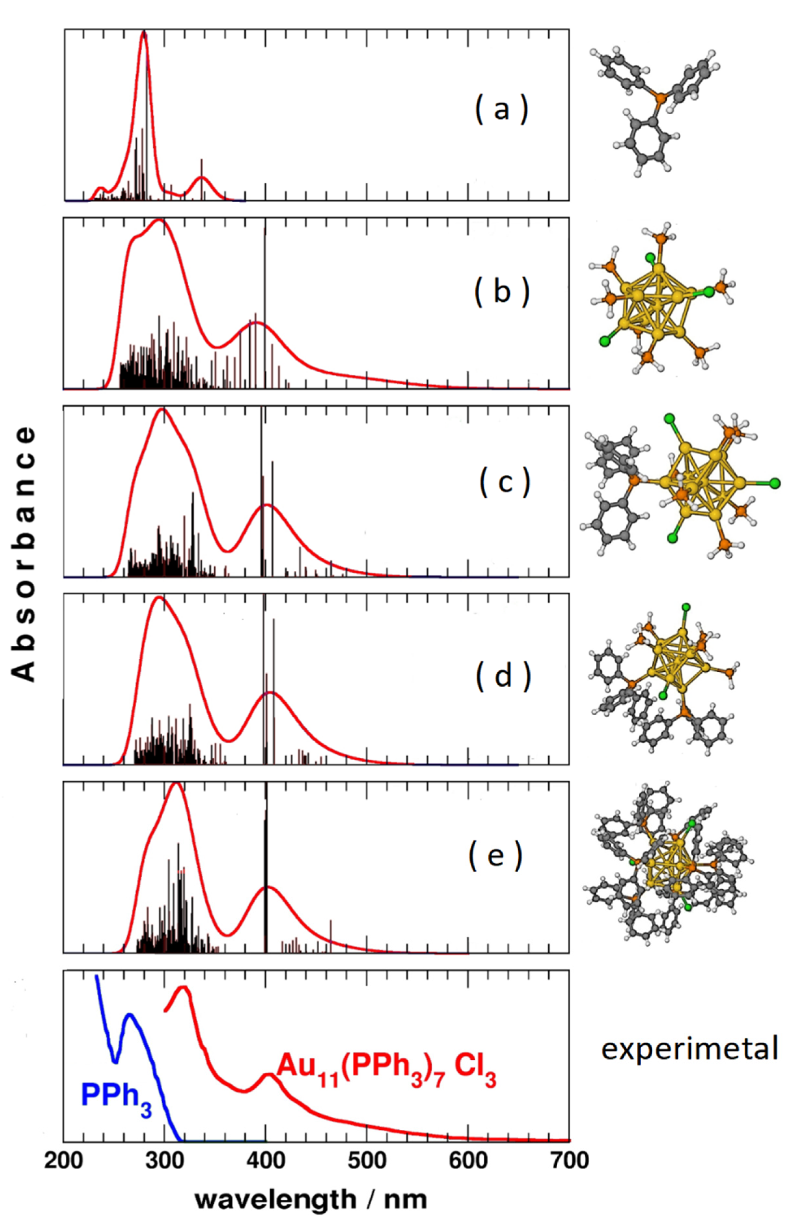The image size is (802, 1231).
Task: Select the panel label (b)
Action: (x=501, y=292)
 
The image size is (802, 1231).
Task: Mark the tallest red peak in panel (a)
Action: (x=144, y=34)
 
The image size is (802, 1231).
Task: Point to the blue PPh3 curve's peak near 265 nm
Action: (x=129, y=1015)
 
